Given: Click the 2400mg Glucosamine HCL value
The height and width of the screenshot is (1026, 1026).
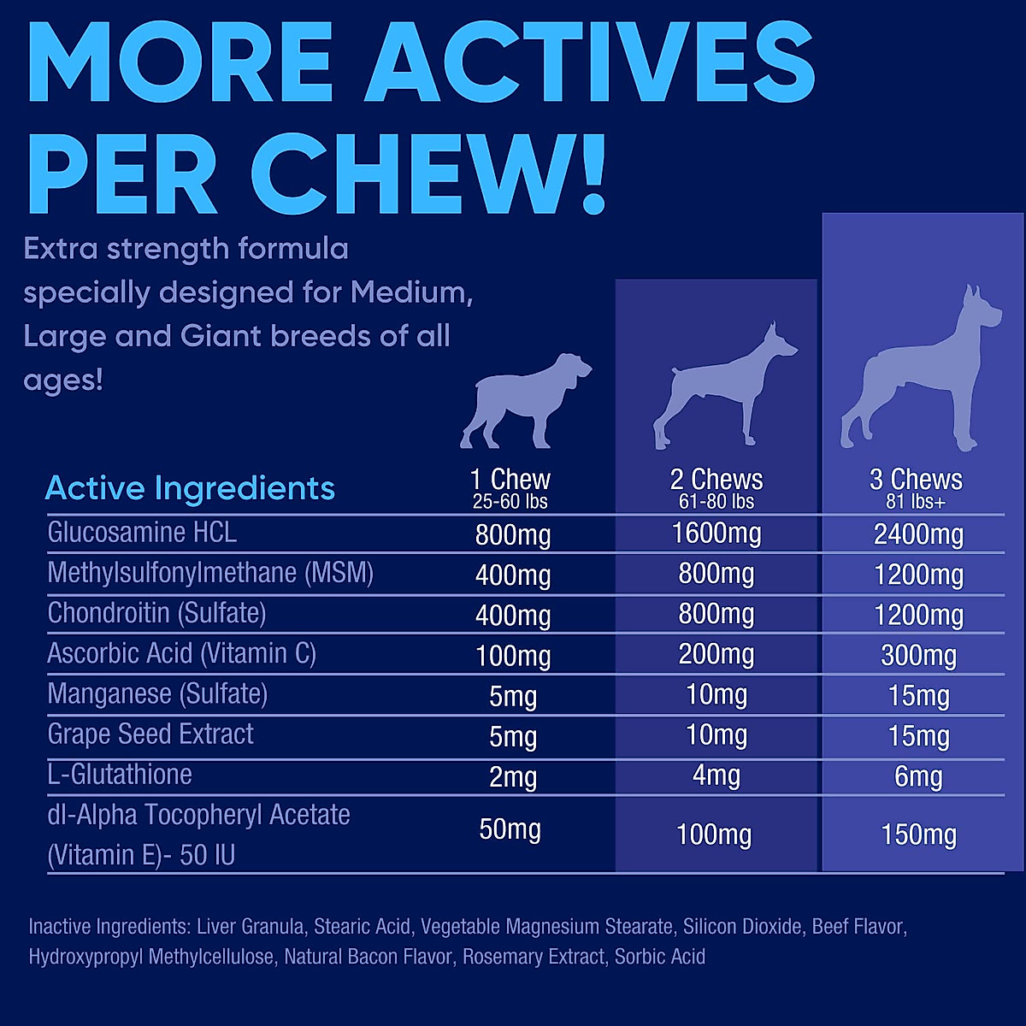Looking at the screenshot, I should pyautogui.click(x=918, y=534).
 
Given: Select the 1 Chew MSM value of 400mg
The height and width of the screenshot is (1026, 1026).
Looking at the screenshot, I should pyautogui.click(x=513, y=575).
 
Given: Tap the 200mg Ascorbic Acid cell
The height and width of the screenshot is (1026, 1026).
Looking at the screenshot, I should pyautogui.click(x=716, y=655).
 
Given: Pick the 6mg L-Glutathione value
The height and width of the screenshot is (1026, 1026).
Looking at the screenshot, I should pyautogui.click(x=918, y=776).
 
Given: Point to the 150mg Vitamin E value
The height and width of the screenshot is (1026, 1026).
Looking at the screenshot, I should pyautogui.click(x=918, y=834).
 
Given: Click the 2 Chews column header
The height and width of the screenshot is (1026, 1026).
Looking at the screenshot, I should pyautogui.click(x=716, y=479).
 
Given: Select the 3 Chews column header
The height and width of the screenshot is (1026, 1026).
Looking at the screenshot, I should pyautogui.click(x=916, y=479).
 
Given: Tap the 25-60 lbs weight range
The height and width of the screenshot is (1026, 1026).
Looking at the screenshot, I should pyautogui.click(x=510, y=502).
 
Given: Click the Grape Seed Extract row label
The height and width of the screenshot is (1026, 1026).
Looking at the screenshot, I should pyautogui.click(x=150, y=734).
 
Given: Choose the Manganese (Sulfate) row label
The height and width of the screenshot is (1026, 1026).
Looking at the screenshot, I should pyautogui.click(x=157, y=693).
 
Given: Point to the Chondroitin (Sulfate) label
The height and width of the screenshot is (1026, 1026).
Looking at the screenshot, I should pyautogui.click(x=156, y=613).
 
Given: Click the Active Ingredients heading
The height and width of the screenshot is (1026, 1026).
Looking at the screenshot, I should pyautogui.click(x=190, y=488).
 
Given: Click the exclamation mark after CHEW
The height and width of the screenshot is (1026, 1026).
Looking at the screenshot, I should pyautogui.click(x=588, y=175).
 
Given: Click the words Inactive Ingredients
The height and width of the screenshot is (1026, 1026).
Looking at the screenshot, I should pyautogui.click(x=108, y=927).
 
